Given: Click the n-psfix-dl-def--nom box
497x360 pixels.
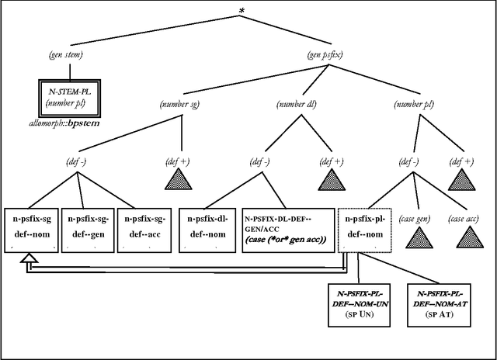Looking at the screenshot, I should tap(207, 229).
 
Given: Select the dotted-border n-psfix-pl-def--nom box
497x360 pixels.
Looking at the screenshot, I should tap(364, 229).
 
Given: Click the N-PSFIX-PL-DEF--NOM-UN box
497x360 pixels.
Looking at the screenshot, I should tap(361, 306).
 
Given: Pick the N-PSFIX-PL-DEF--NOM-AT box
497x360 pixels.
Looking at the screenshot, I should tap(440, 306).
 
